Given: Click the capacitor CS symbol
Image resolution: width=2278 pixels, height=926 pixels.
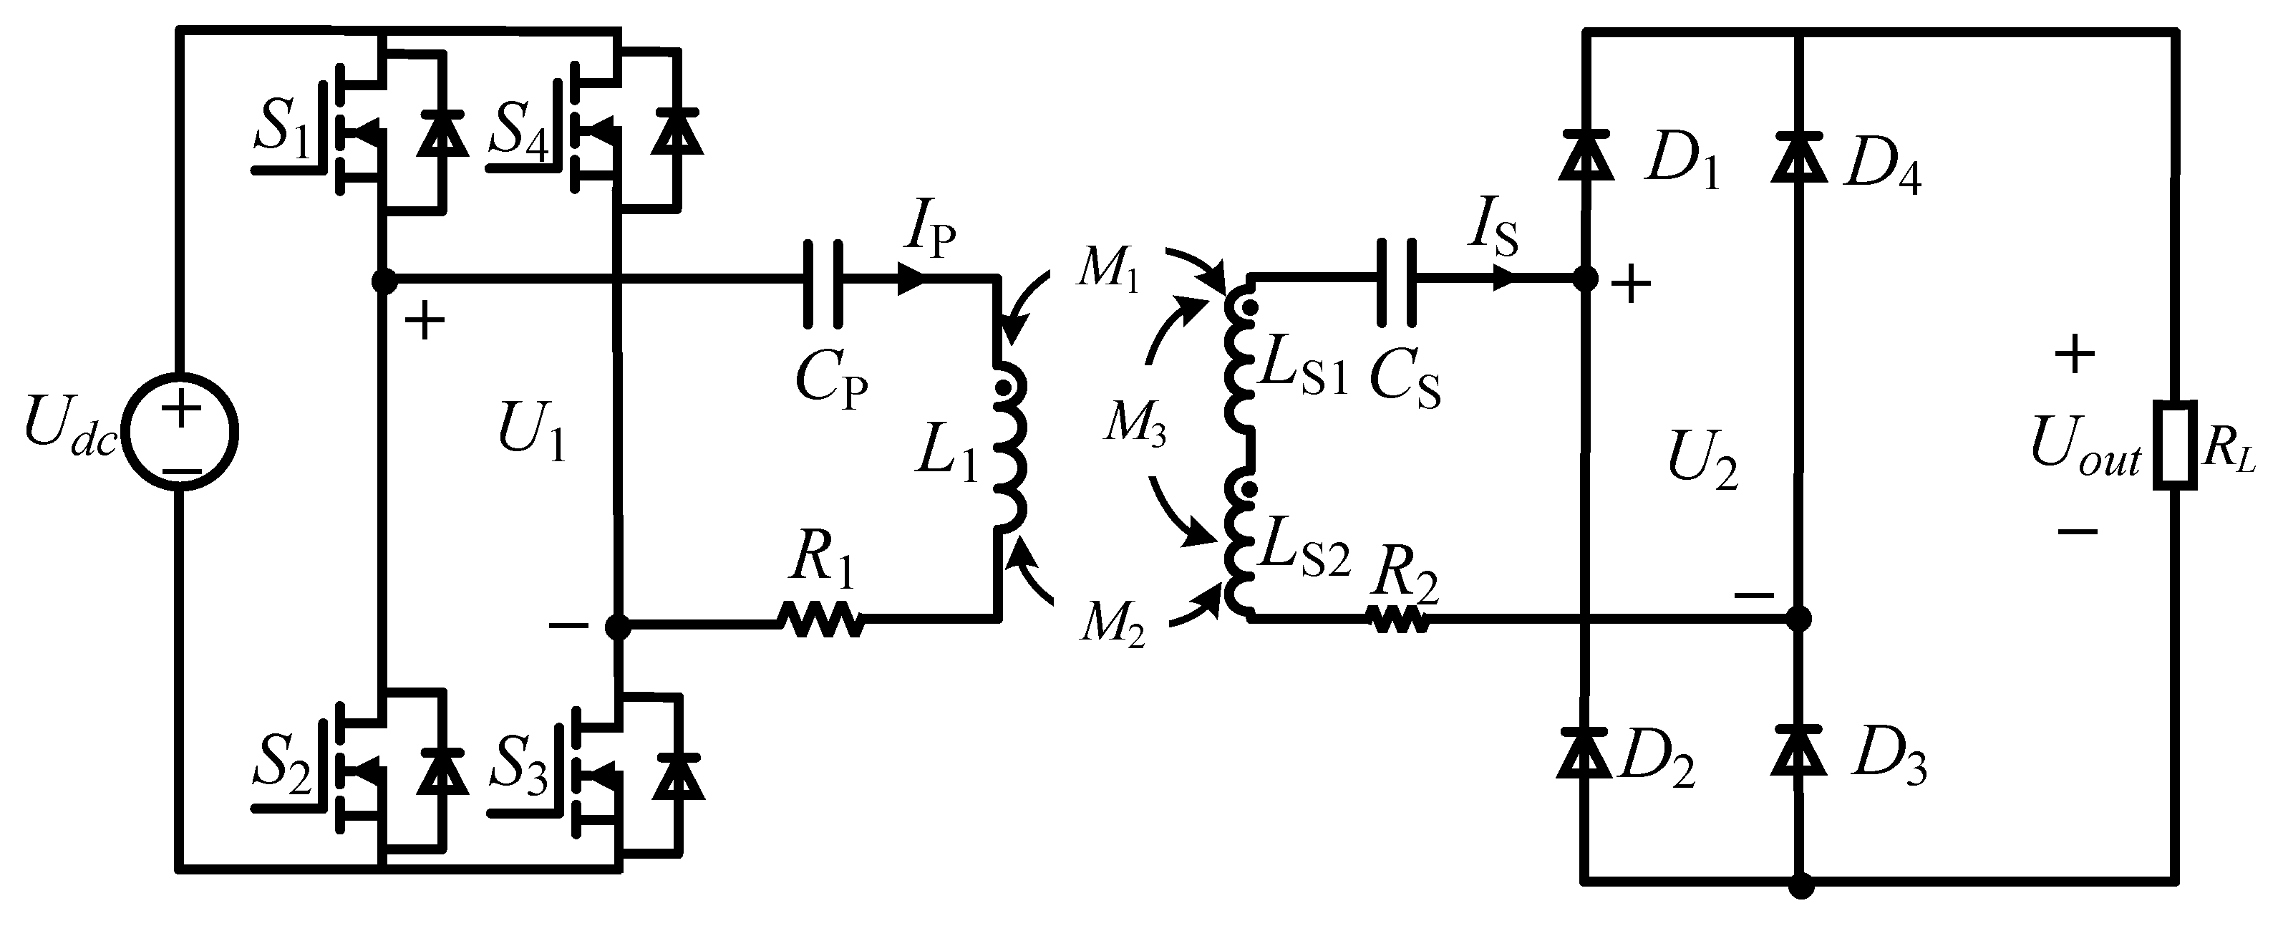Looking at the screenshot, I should tap(1397, 282).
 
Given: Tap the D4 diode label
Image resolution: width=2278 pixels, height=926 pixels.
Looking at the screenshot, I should tap(1882, 170).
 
